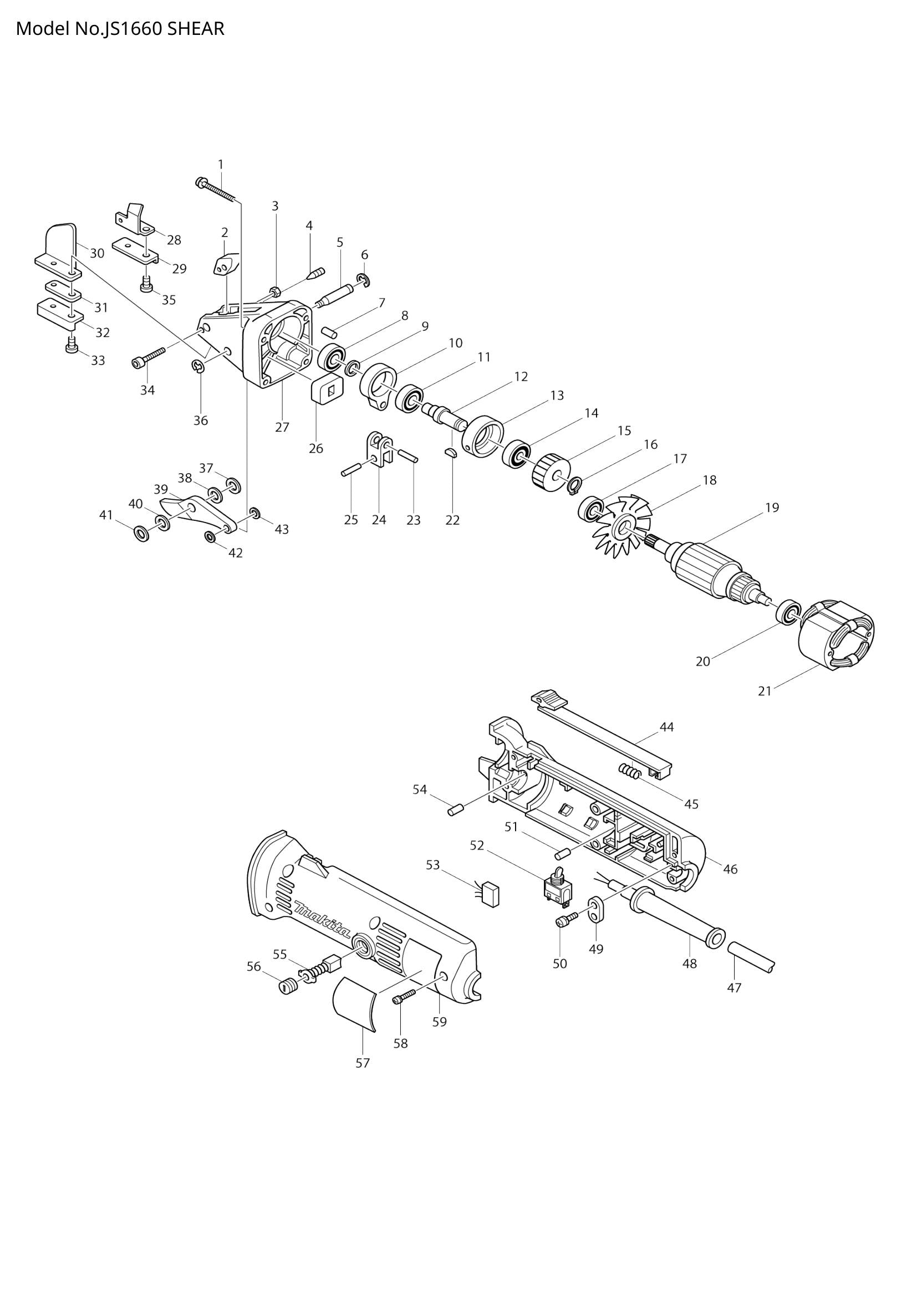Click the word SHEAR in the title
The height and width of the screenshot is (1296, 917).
tap(195, 28)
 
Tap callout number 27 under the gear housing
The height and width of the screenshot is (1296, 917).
tap(282, 427)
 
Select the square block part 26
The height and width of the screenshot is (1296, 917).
tap(327, 389)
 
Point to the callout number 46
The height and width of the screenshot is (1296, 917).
tap(730, 869)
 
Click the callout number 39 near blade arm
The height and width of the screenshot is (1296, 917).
tap(161, 489)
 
